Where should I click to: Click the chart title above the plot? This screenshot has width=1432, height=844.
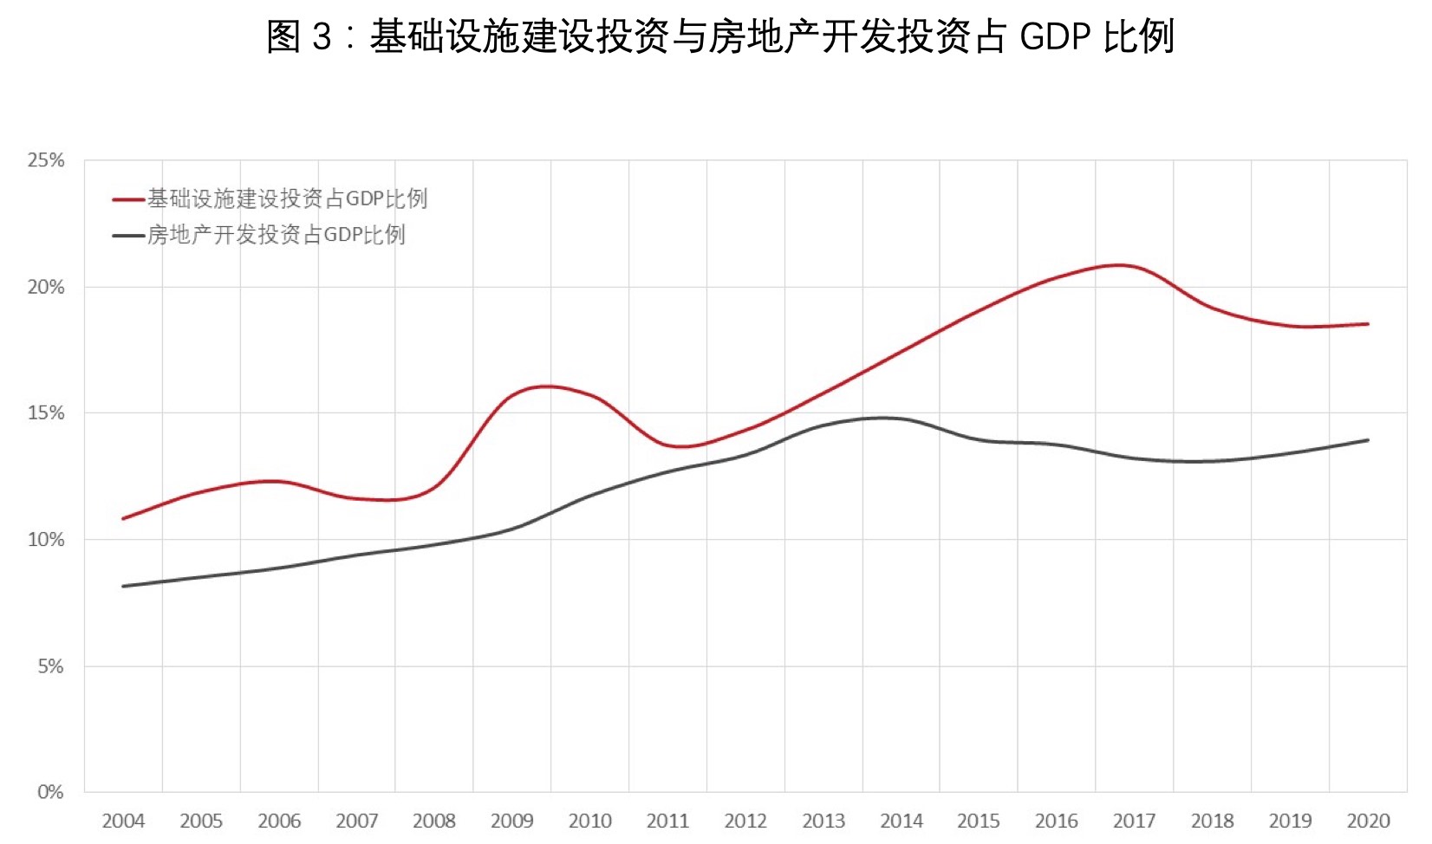pos(719,36)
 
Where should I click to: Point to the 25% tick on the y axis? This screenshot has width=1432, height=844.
pos(46,160)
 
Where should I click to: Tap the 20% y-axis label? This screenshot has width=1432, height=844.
pos(46,287)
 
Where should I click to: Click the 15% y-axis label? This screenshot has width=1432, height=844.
pos(46,413)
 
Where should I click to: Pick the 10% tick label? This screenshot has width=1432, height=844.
pos(46,540)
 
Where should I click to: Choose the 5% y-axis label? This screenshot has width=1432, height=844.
pos(50,666)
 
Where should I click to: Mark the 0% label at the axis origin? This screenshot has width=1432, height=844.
pos(50,792)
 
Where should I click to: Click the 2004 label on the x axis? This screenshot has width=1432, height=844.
pos(123,821)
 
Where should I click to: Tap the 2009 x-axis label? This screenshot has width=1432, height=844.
pos(512,821)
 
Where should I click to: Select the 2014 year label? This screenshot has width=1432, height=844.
pos(902,821)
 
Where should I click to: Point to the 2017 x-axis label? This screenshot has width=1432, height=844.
pos(1135,821)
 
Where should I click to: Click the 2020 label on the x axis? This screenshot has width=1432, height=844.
pos(1368,821)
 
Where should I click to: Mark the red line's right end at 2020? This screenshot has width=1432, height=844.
pos(1368,324)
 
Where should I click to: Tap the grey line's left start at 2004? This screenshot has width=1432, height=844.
pos(123,587)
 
